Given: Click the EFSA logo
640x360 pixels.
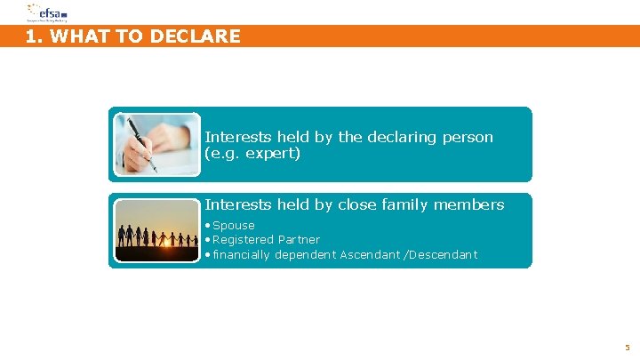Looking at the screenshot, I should (x=45, y=12).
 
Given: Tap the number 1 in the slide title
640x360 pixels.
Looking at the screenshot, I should (x=32, y=36).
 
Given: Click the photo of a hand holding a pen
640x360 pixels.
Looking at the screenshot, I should (x=157, y=144).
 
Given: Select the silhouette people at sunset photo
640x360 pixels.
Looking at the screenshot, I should (x=157, y=230).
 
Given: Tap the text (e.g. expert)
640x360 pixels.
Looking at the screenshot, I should (x=253, y=154).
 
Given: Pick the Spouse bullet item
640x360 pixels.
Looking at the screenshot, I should (x=233, y=226).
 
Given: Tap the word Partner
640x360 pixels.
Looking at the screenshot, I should (x=299, y=240).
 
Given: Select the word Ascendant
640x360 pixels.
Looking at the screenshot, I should (x=371, y=255).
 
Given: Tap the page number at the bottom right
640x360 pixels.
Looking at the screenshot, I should (x=627, y=348).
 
